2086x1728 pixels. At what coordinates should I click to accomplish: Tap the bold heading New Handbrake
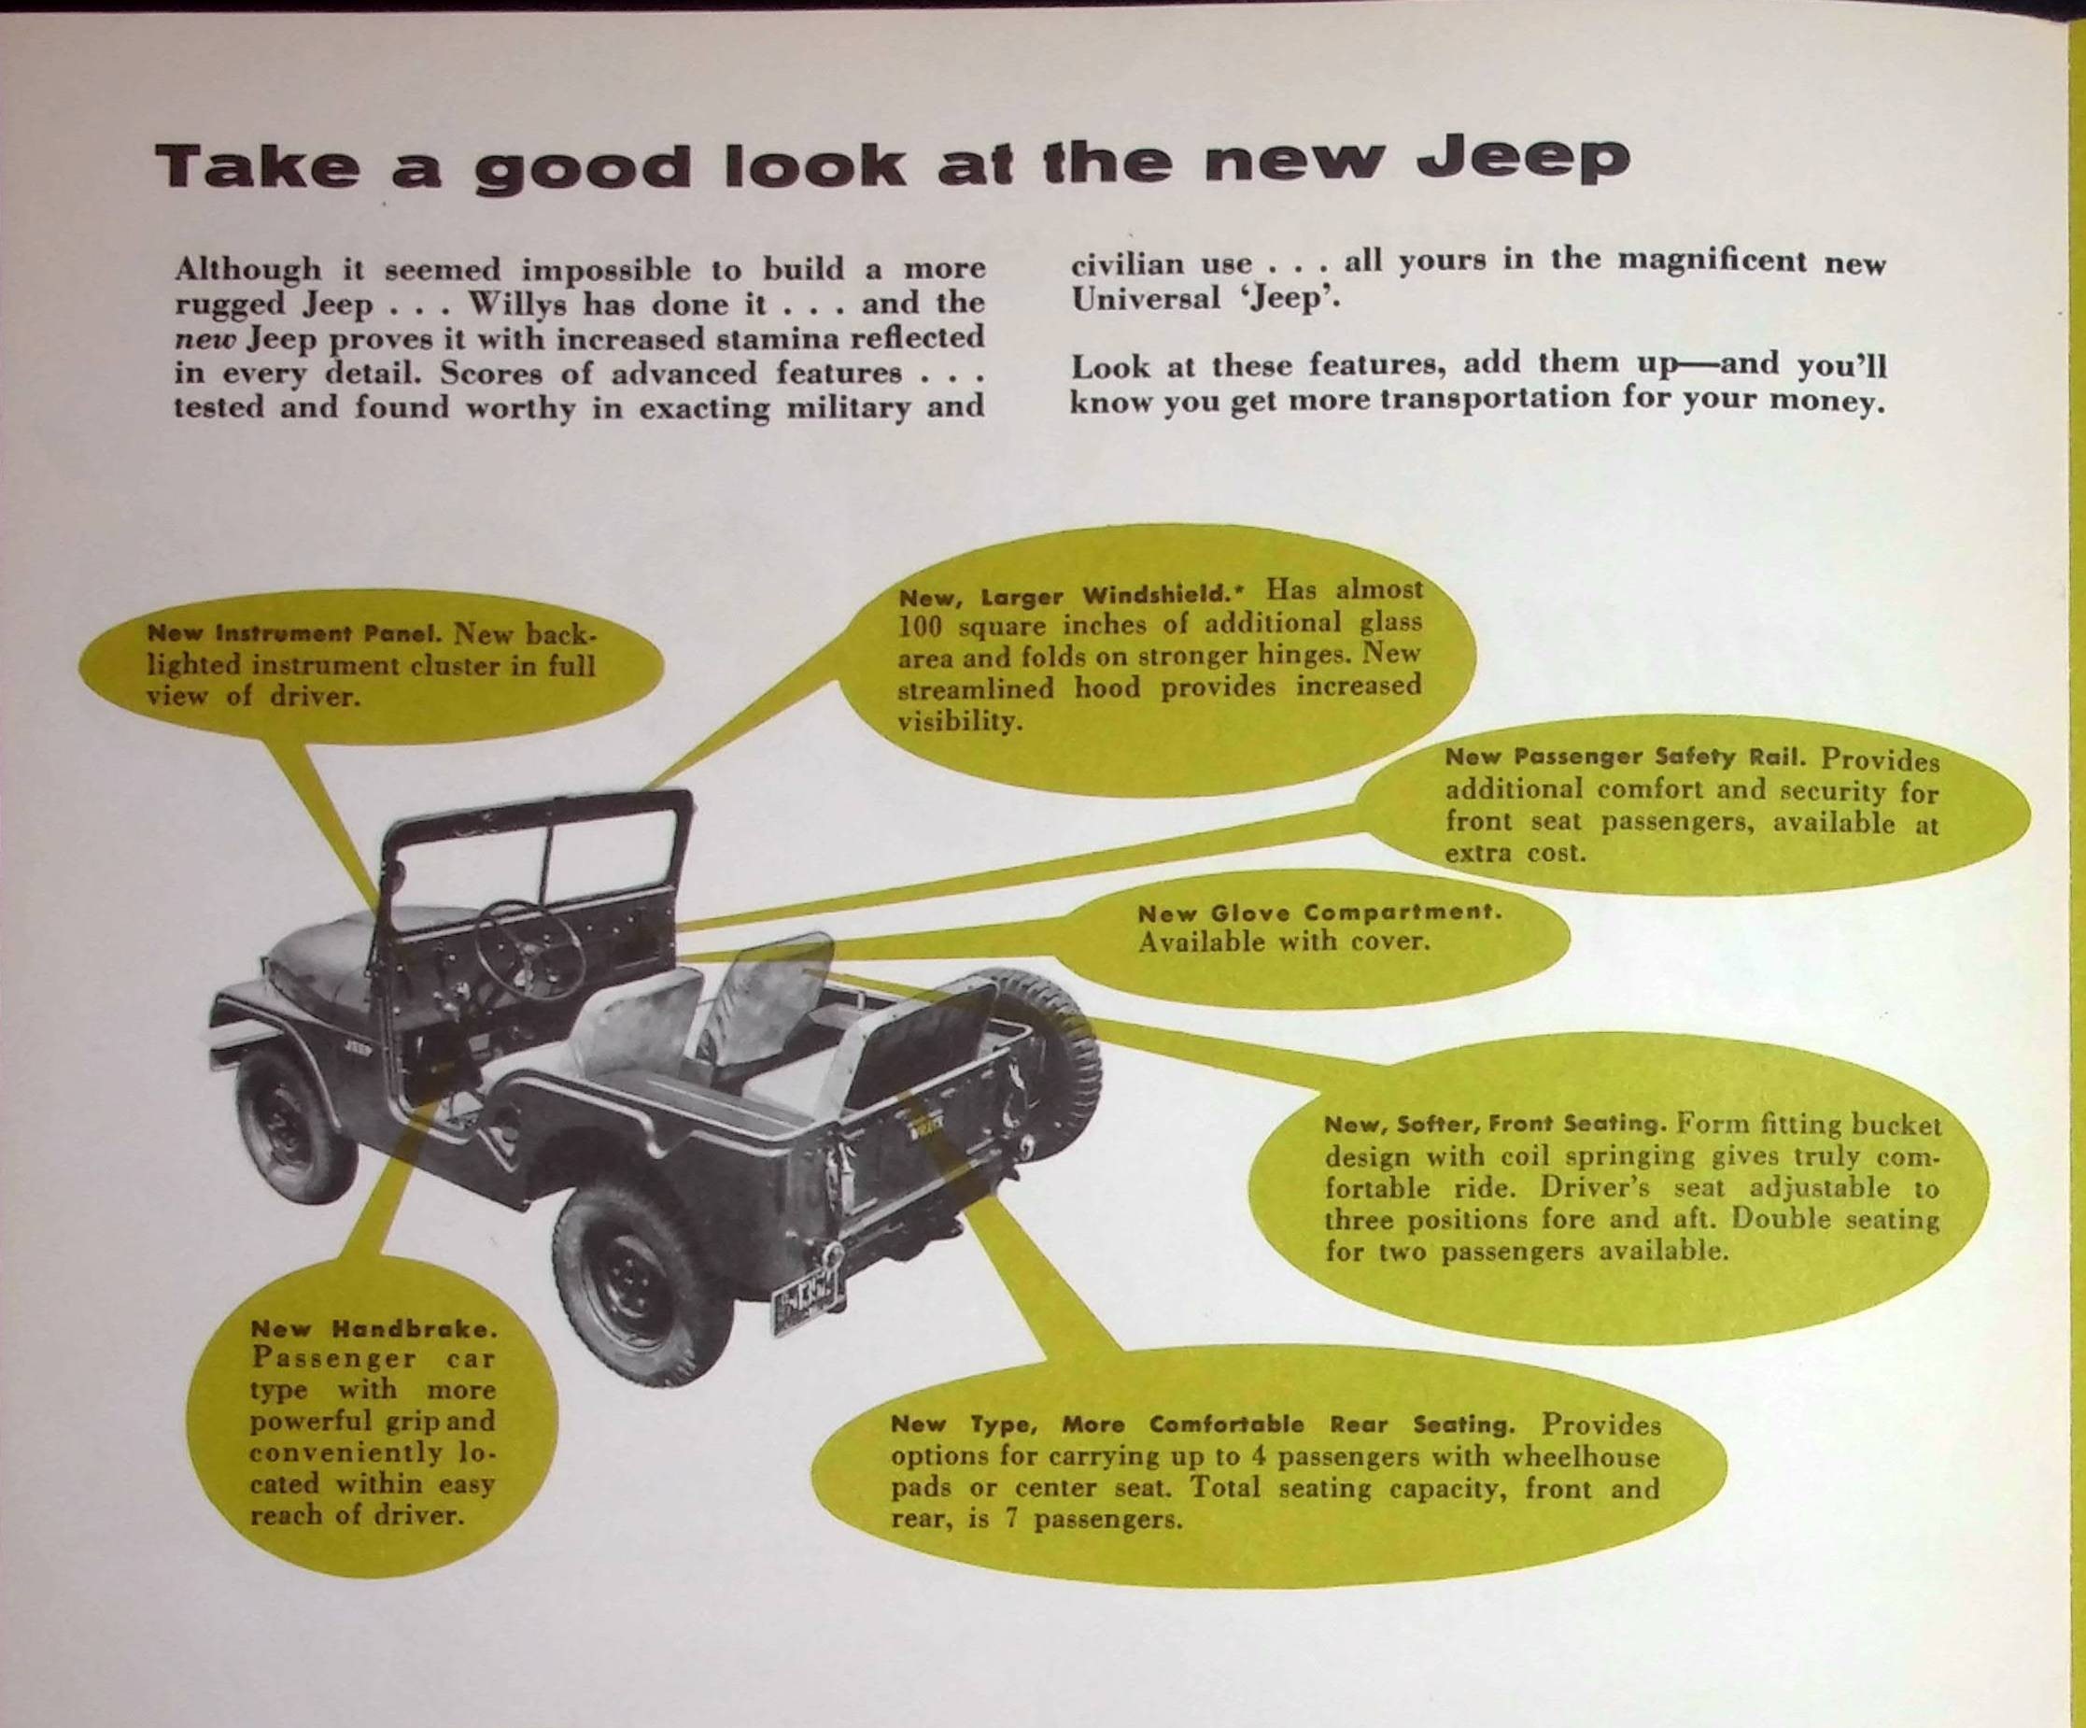tap(373, 1328)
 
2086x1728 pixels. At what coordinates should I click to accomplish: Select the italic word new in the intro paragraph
tap(204, 340)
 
